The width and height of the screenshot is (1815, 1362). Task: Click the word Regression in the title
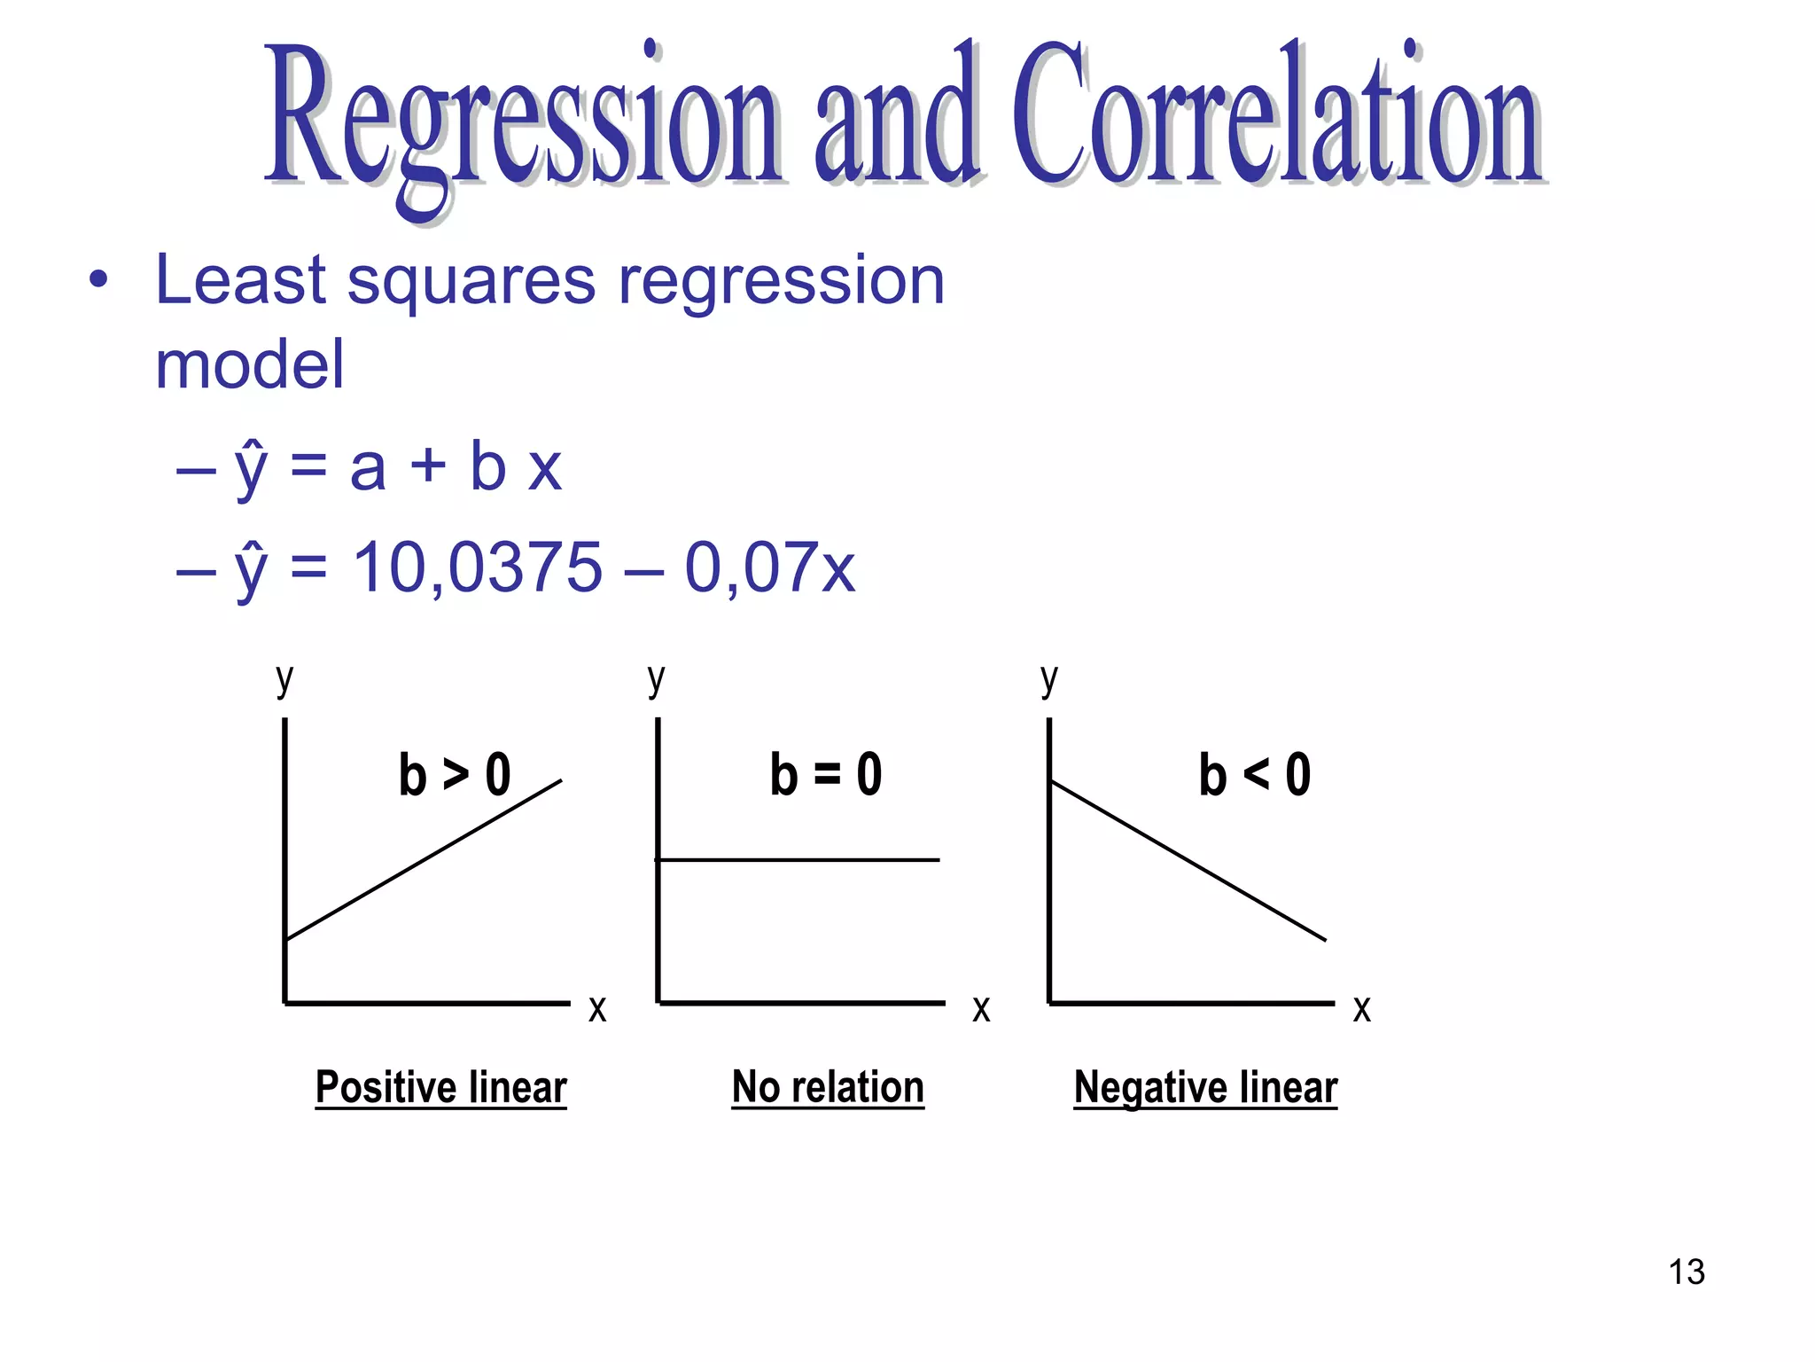click(523, 120)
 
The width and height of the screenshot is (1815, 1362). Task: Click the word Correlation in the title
click(1276, 115)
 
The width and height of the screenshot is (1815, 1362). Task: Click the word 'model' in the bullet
click(249, 364)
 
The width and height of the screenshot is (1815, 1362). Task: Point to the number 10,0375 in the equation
click(478, 567)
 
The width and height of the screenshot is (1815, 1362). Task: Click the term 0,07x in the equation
click(769, 567)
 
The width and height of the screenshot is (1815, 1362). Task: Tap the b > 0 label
click(455, 774)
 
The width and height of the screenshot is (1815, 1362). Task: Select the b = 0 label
click(826, 774)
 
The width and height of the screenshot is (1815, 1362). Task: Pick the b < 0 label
click(1255, 774)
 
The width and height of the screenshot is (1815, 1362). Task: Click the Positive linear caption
click(440, 1087)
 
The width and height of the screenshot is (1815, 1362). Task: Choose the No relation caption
click(828, 1087)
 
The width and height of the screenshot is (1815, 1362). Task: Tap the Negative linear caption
click(1205, 1087)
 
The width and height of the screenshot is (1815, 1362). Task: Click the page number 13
click(1686, 1272)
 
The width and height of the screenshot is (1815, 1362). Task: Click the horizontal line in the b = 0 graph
click(798, 859)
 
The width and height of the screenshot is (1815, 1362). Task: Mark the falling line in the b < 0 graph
click(1188, 860)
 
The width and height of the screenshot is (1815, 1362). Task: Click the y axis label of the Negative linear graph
click(1049, 680)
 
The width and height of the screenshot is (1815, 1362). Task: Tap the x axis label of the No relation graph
click(981, 1009)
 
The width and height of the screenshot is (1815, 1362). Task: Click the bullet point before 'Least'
click(98, 281)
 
